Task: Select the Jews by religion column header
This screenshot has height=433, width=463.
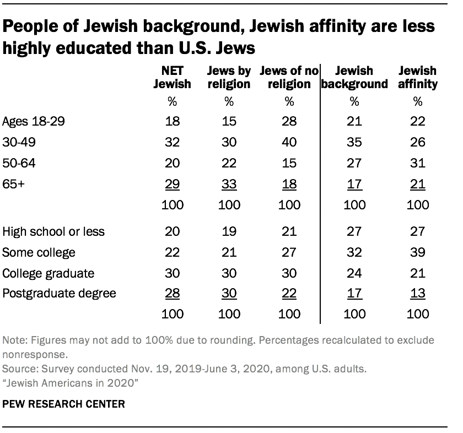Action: pyautogui.click(x=229, y=77)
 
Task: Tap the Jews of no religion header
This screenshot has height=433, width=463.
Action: pyautogui.click(x=289, y=77)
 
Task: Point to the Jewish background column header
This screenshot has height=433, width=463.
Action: pyautogui.click(x=354, y=77)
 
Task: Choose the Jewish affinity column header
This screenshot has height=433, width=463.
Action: pyautogui.click(x=417, y=77)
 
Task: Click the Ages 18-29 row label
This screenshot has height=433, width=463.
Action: pyautogui.click(x=34, y=122)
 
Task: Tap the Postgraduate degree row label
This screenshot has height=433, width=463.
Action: pyautogui.click(x=60, y=293)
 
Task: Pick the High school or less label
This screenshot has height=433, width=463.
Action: pyautogui.click(x=53, y=232)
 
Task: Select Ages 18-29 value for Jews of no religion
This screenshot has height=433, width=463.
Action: pyautogui.click(x=289, y=122)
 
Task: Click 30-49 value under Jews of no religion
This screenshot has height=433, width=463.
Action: pyautogui.click(x=289, y=142)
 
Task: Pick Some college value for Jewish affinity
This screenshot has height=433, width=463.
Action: pyautogui.click(x=417, y=252)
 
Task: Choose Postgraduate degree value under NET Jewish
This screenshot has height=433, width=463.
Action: pyautogui.click(x=172, y=293)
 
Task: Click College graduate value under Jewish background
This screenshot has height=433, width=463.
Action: pyautogui.click(x=354, y=273)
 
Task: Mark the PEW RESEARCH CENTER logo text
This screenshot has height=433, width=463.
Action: pyautogui.click(x=63, y=404)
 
